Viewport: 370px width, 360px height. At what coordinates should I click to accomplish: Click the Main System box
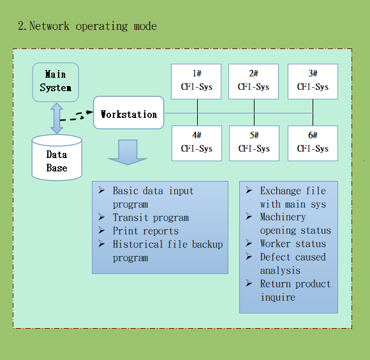point(56,82)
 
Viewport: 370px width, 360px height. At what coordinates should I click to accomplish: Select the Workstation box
point(129,113)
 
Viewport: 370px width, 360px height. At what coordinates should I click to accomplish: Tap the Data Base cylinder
point(57,157)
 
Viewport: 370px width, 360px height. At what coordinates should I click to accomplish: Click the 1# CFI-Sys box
point(196,82)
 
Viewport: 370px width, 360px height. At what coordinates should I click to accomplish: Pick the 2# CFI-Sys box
point(253,82)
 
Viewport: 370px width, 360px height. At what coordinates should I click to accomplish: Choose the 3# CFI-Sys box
point(313,82)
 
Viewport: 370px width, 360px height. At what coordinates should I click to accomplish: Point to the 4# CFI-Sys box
point(196,143)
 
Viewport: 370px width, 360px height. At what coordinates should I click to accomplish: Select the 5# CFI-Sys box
point(254,143)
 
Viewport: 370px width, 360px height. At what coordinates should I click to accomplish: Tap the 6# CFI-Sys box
point(313,143)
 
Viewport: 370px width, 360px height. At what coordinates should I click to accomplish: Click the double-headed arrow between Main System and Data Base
point(57,119)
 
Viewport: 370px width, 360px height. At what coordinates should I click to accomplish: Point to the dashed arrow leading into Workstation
point(76,116)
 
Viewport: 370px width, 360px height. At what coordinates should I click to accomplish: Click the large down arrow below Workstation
point(128,152)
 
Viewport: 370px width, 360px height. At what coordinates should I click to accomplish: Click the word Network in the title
point(49,25)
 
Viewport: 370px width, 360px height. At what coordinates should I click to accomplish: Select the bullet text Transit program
point(151,218)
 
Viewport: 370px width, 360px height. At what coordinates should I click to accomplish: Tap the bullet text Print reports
point(145,231)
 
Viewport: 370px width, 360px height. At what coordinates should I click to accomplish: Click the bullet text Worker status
point(293,243)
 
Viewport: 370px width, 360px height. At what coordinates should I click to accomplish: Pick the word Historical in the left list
point(138,244)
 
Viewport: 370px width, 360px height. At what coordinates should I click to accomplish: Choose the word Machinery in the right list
point(283,217)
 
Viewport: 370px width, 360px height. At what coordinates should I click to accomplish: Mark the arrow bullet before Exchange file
point(249,190)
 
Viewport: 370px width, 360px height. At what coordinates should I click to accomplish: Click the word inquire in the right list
point(278,298)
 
